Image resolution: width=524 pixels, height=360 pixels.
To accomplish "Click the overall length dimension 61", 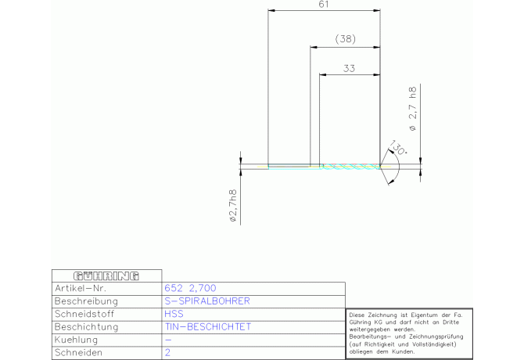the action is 324,5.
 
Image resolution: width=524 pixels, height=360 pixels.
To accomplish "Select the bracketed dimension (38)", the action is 345,39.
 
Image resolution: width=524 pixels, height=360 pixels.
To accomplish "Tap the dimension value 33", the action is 349,69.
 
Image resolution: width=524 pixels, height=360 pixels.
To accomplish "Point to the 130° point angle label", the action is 397,147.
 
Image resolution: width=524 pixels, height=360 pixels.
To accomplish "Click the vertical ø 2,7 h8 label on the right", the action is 413,109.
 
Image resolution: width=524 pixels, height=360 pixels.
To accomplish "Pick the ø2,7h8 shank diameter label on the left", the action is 232,206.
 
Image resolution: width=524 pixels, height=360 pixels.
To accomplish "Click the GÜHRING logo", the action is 106,276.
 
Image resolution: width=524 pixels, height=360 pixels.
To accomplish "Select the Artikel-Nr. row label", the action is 81,288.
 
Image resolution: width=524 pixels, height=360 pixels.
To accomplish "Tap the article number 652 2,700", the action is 190,288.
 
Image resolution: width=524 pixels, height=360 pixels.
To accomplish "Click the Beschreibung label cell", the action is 86,301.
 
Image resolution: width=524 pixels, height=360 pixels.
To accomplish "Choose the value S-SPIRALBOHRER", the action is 207,301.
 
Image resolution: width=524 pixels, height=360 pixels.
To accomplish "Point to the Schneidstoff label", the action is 84,314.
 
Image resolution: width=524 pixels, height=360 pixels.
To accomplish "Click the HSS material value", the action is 174,314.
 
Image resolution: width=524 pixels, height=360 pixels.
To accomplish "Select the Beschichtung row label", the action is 87,327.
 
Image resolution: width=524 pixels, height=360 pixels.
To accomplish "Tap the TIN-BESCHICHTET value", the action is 207,326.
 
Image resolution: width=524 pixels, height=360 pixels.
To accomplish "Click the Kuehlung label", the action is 76,340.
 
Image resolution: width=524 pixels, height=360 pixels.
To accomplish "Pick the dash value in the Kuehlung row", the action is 168,340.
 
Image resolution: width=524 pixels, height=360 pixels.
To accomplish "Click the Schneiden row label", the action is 78,352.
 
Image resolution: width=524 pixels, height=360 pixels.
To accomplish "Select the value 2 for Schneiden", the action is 167,352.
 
